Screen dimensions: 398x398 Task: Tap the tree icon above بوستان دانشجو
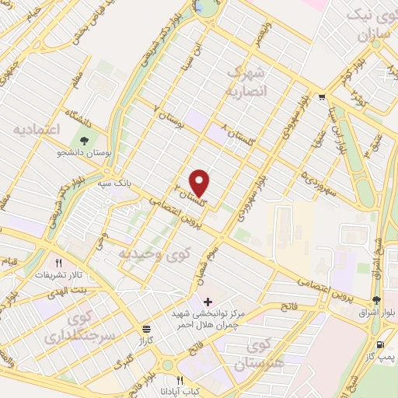pos(84,141)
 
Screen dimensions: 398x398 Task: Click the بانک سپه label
pos(113,185)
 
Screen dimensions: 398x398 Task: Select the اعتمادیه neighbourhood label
pos(37,130)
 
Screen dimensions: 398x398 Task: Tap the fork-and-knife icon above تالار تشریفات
pos(58,263)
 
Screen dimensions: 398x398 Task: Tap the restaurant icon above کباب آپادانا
pos(180,381)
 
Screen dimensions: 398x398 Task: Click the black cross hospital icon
pos(207,301)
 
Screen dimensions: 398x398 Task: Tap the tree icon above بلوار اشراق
pos(376,300)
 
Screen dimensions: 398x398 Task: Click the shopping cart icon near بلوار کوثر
pos(321,97)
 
